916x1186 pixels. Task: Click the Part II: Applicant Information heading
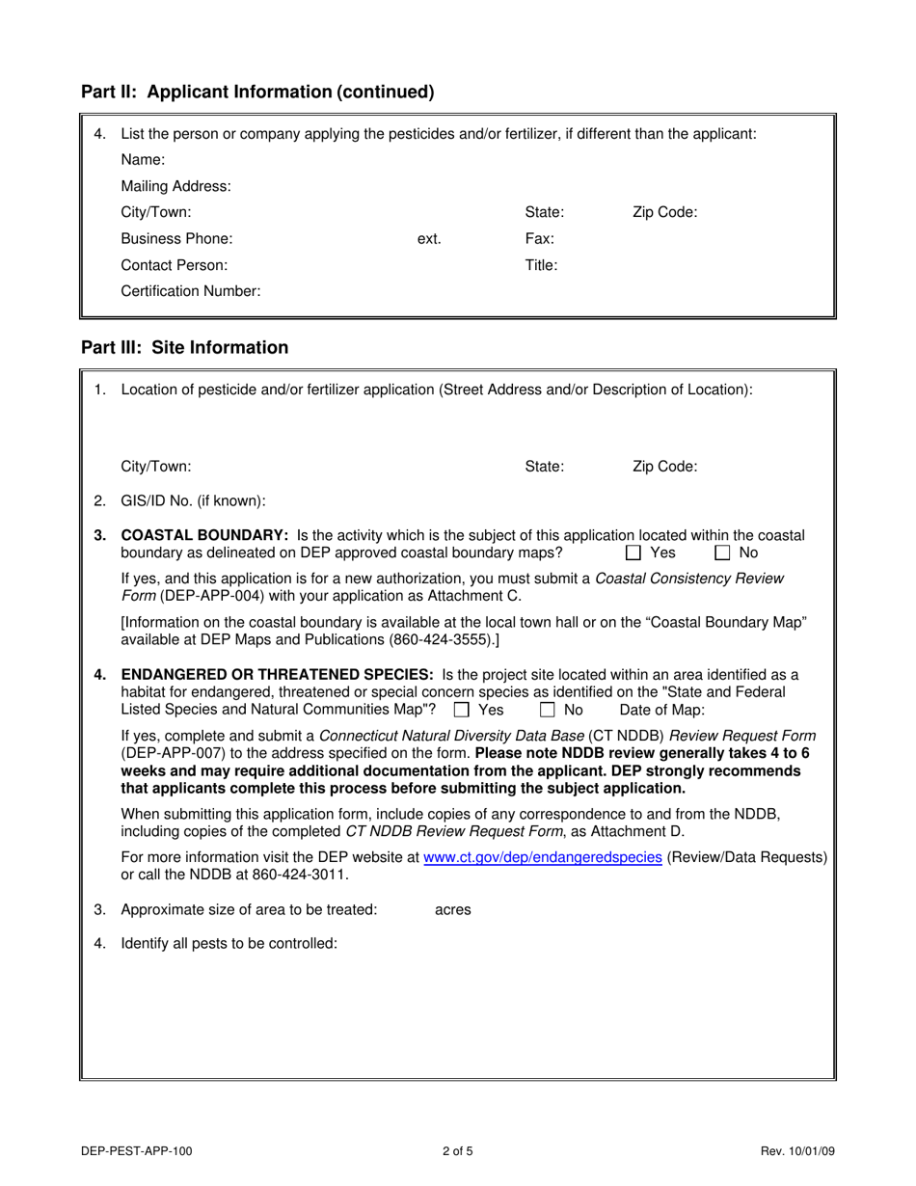[x=257, y=93]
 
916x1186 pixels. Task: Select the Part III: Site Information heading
[x=184, y=348]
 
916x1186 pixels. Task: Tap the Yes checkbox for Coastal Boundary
[x=633, y=553]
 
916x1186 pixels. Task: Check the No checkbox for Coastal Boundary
[x=722, y=553]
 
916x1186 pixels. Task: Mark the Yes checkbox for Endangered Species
[x=462, y=711]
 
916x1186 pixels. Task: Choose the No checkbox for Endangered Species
[x=548, y=711]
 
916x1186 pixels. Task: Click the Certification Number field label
[x=191, y=291]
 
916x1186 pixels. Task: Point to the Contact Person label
[x=175, y=265]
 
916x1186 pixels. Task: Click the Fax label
[x=539, y=239]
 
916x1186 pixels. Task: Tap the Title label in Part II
[x=541, y=265]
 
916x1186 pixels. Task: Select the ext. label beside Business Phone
[x=429, y=239]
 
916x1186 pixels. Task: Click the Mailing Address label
[x=175, y=186]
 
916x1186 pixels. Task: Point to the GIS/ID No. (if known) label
[x=193, y=501]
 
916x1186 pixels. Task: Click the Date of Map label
[x=661, y=711]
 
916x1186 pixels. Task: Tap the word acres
[x=453, y=910]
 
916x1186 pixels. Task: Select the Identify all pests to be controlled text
[x=229, y=943]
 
